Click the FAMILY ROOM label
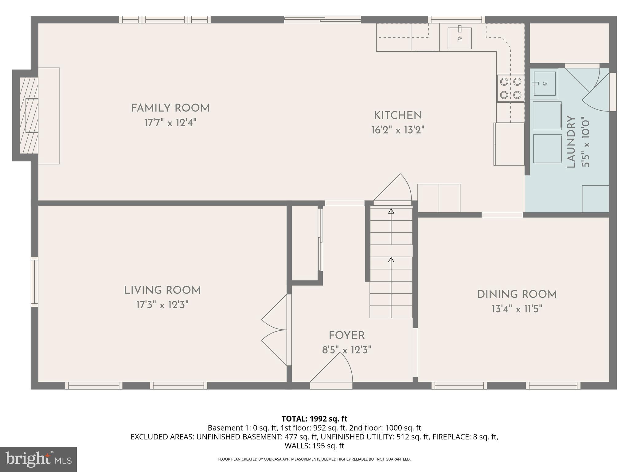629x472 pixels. pos(170,108)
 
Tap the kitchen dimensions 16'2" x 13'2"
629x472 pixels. pos(398,130)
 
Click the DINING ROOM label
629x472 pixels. pos(517,294)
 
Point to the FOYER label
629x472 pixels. pos(347,335)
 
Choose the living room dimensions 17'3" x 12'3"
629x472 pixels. pos(162,305)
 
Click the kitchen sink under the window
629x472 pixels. pos(459,38)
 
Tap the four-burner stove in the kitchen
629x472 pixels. pos(511,88)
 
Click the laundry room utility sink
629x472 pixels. pos(544,84)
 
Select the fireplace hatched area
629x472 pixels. pos(28,115)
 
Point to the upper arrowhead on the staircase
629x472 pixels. pos(391,211)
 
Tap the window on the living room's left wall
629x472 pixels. pos(34,282)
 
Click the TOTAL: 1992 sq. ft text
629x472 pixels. pos(314,419)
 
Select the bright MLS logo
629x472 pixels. pos(38,459)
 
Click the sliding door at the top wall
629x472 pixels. pos(322,20)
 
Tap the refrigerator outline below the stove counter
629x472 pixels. pos(509,144)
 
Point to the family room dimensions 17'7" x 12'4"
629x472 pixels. pos(170,123)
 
